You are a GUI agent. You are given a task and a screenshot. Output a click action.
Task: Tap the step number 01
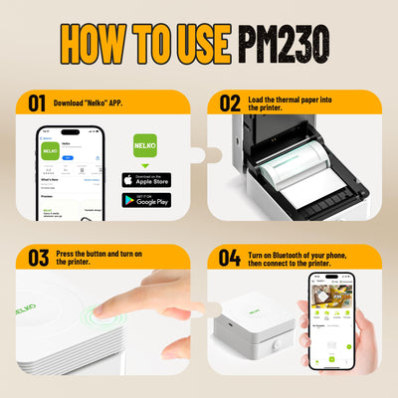coord(37,102)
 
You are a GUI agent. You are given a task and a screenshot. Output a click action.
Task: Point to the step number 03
coord(38,258)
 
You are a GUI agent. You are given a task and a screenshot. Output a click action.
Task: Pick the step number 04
coord(230,258)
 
